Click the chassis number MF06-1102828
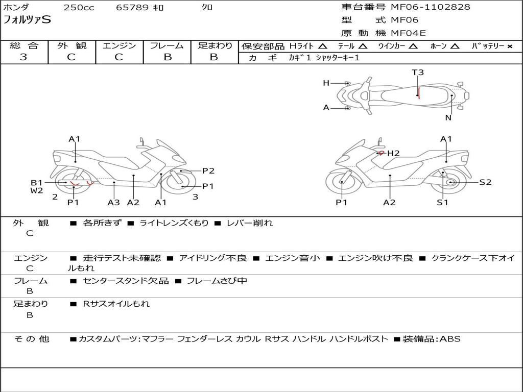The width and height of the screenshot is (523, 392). point(430,7)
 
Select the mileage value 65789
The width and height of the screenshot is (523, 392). point(132,7)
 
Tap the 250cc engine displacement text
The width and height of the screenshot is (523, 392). point(79,7)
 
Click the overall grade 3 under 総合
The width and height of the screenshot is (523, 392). point(23,57)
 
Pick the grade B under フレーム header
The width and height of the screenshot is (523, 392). point(168,57)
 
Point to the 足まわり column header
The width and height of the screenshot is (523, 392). point(215,45)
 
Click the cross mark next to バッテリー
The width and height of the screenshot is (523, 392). point(509,46)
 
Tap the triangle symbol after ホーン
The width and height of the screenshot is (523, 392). point(455,46)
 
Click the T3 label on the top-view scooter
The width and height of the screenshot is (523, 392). point(418,72)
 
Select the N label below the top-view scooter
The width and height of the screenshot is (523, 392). point(448,118)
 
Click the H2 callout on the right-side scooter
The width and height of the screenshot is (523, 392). point(393,153)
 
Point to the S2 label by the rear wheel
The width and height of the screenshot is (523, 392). point(485,182)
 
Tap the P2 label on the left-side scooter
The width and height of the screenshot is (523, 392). point(208,170)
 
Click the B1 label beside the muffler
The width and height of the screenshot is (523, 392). point(37,183)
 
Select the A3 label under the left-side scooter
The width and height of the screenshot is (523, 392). point(114,202)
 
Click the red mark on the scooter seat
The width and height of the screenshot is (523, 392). point(419,93)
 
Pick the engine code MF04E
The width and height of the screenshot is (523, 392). point(408,33)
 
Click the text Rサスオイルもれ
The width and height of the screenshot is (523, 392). point(116,304)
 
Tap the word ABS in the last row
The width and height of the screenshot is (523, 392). point(450,339)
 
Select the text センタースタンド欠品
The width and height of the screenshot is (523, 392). point(126,281)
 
